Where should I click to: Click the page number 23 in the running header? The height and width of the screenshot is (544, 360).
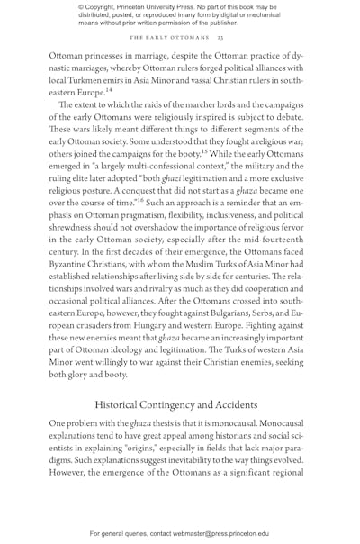click(220, 37)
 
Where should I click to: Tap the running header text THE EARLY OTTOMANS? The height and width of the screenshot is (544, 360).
click(169, 37)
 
